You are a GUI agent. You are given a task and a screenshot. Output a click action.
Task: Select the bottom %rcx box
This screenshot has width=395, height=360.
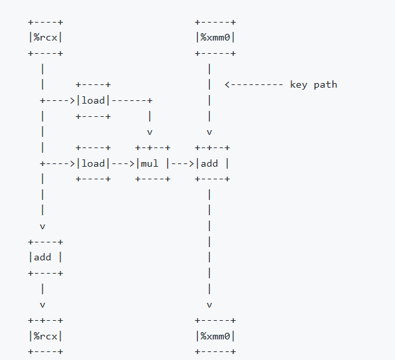[x=45, y=336]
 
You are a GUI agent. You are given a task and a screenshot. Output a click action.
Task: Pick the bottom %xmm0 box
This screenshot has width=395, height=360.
[x=215, y=336]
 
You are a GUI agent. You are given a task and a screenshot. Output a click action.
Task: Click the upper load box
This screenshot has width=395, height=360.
[x=93, y=100]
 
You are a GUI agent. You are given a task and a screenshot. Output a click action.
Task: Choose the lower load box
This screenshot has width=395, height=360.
[x=93, y=163]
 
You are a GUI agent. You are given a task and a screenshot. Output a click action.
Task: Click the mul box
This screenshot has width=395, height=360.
[x=153, y=163]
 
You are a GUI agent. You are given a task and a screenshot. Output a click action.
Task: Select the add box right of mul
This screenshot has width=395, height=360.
[x=212, y=163]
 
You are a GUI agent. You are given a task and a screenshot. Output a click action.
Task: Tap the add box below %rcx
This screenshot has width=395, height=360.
[x=45, y=257]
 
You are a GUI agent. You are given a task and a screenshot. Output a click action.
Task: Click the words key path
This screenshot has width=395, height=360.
[x=313, y=84]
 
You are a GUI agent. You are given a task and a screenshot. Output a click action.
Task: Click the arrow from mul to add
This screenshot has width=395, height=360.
[x=183, y=163]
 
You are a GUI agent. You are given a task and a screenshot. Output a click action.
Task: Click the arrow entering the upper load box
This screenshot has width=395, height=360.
[x=58, y=100]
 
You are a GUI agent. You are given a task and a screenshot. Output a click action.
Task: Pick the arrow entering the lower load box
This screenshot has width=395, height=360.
[x=58, y=163]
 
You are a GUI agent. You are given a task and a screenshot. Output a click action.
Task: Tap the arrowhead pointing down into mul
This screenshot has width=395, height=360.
[x=150, y=132]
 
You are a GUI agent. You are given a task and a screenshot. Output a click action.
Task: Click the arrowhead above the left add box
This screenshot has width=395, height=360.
[x=42, y=226]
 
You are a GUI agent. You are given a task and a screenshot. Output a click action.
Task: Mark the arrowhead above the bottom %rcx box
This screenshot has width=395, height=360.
[x=42, y=305]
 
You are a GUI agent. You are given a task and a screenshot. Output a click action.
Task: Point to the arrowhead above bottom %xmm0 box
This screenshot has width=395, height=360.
[x=210, y=305]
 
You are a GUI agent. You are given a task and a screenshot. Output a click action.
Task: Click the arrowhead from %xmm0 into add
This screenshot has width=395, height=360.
[x=210, y=132]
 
